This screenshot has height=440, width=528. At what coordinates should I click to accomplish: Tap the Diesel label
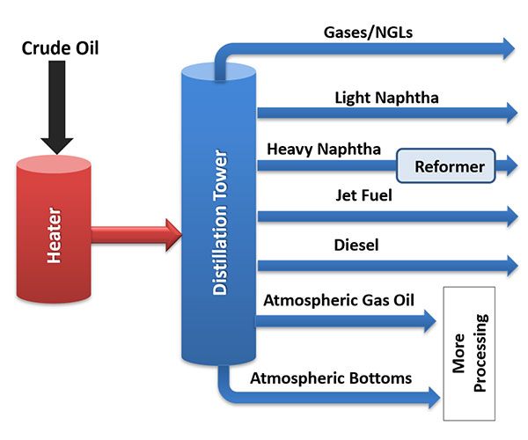(x=356, y=246)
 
